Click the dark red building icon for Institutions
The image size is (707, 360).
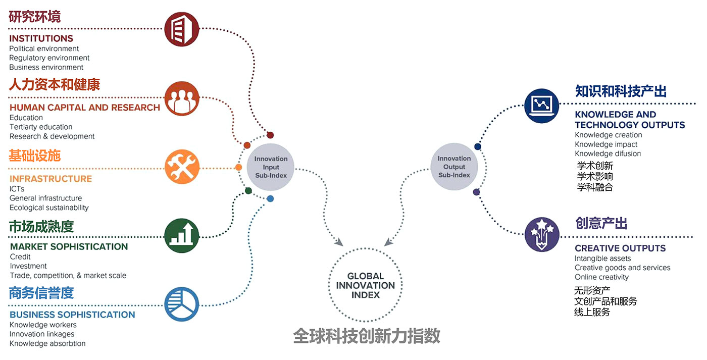(182, 29)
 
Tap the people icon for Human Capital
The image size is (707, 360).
(182, 99)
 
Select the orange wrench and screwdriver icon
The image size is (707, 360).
(182, 167)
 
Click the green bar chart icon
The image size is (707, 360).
(182, 235)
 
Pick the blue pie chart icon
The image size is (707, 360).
(182, 304)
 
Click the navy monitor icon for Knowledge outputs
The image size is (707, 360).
(542, 106)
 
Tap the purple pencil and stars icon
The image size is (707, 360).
(542, 234)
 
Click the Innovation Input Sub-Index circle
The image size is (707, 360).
(271, 167)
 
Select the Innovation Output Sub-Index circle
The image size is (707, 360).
(454, 167)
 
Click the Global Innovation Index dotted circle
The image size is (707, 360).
(366, 285)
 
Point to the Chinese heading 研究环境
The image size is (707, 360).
(35, 17)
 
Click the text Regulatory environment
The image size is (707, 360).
(49, 58)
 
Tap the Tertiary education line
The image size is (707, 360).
(41, 127)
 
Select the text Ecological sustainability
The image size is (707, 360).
(49, 208)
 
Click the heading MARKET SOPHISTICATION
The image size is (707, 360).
(69, 246)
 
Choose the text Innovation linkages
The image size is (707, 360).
(42, 334)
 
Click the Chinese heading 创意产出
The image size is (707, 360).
(601, 223)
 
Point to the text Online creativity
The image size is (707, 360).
(601, 277)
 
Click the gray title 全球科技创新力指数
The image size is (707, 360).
(367, 336)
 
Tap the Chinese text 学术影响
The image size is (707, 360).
(595, 176)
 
